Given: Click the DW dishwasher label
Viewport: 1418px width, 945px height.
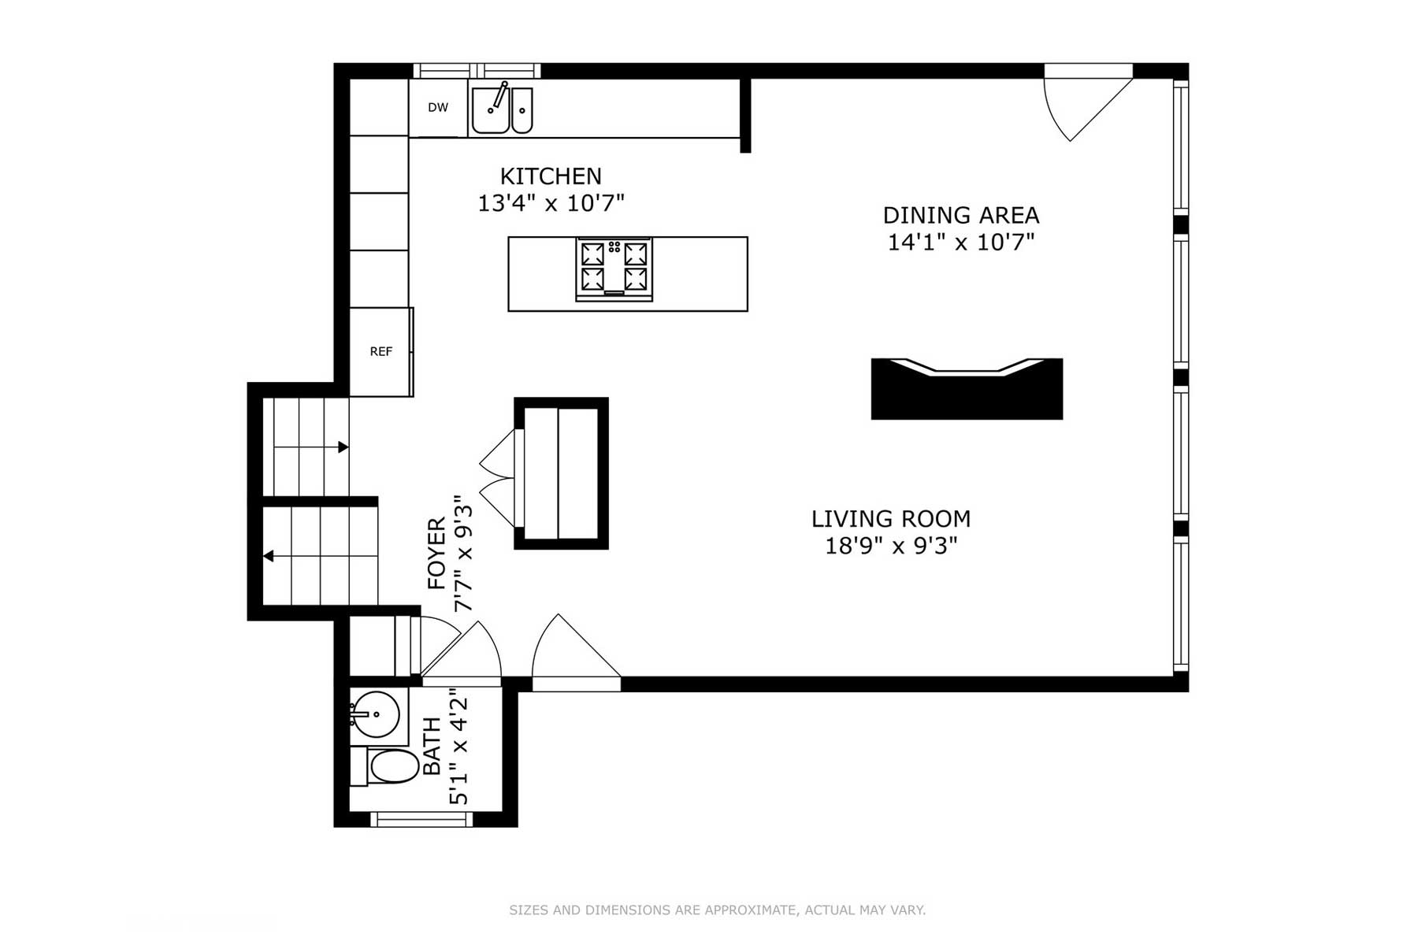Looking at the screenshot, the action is pyautogui.click(x=438, y=108).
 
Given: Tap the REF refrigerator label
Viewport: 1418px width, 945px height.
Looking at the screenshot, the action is pyautogui.click(x=381, y=352).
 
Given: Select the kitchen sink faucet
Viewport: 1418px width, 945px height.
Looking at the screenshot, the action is pyautogui.click(x=497, y=97).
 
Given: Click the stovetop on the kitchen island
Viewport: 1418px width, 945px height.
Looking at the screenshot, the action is pyautogui.click(x=614, y=269).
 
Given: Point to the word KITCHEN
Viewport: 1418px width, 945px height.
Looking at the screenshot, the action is pyautogui.click(x=551, y=176).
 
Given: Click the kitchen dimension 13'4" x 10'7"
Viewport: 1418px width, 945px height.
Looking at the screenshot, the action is pyautogui.click(x=551, y=203).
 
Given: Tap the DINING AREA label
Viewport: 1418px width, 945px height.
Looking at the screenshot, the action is pyautogui.click(x=961, y=215).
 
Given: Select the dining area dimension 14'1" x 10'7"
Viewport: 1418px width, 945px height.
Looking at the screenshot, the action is pyautogui.click(x=961, y=242).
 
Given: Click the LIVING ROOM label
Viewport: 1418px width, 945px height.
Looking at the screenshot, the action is pyautogui.click(x=891, y=519).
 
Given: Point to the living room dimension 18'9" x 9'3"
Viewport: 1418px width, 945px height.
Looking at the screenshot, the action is pyautogui.click(x=891, y=545).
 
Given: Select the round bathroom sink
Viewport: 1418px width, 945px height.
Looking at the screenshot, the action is pyautogui.click(x=375, y=714).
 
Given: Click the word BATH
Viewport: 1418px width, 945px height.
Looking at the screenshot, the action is pyautogui.click(x=432, y=747).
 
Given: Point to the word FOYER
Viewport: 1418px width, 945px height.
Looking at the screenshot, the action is pyautogui.click(x=436, y=554).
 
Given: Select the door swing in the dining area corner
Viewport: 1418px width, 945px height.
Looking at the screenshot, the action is pyautogui.click(x=1088, y=103).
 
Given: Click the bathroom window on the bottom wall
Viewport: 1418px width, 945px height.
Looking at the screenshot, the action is pyautogui.click(x=421, y=820).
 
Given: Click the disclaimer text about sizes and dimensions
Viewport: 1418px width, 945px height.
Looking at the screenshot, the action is pyautogui.click(x=717, y=910).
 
